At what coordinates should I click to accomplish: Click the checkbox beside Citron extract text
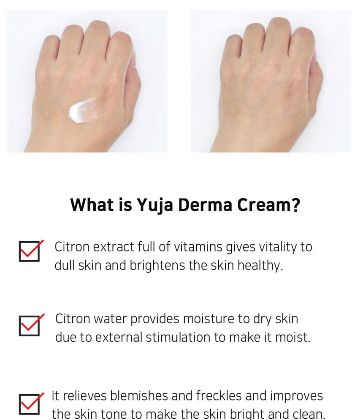pos(30,251)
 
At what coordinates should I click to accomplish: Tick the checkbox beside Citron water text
pos(30,325)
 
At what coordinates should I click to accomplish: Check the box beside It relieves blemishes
pos(30,404)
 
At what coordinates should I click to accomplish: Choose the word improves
pos(296,396)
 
